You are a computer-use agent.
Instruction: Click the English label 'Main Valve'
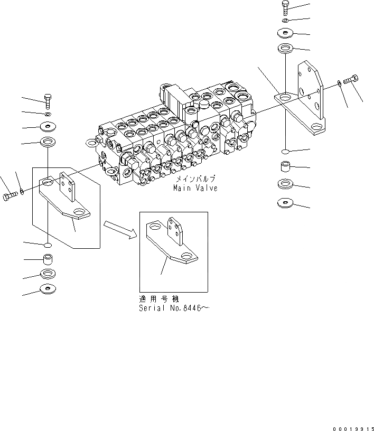point(195,189)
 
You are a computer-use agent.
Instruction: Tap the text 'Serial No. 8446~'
point(174,308)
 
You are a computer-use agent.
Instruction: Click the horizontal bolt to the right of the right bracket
point(351,81)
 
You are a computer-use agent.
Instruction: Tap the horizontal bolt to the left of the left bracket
point(10,196)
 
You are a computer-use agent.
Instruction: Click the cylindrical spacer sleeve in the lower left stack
point(48,261)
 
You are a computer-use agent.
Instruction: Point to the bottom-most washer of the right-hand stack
point(285,202)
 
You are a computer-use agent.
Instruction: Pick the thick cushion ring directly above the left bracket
point(48,142)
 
